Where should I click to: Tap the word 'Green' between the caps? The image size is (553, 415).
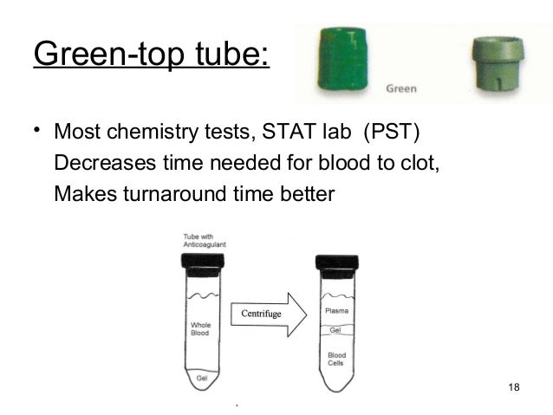point(401,88)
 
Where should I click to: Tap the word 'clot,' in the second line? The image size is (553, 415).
point(420,163)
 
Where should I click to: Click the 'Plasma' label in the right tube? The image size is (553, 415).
point(336,310)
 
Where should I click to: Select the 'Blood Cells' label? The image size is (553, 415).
point(336,360)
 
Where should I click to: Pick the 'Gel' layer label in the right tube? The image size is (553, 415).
point(335,330)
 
